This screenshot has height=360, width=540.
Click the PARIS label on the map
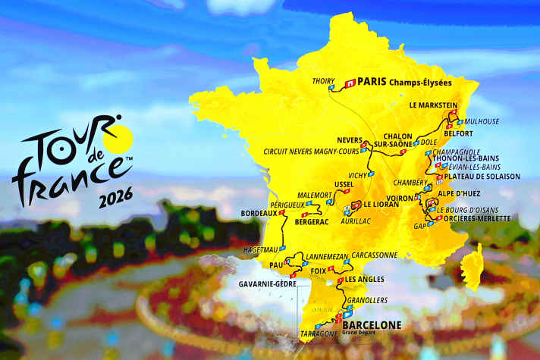click(x=372, y=81)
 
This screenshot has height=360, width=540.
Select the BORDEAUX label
click(x=258, y=213)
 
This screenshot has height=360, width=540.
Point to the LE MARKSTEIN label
click(x=435, y=105)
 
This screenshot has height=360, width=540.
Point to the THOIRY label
click(x=323, y=82)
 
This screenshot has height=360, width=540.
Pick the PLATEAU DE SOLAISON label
click(x=485, y=177)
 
